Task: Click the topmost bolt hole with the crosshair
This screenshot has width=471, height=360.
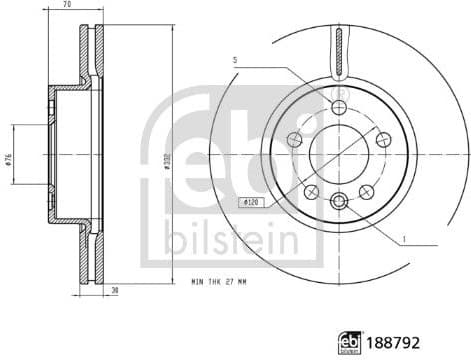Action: tap(337, 107)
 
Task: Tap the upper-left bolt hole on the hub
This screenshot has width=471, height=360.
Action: tap(295, 139)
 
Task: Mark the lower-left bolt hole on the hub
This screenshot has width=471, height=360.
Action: tap(309, 187)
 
